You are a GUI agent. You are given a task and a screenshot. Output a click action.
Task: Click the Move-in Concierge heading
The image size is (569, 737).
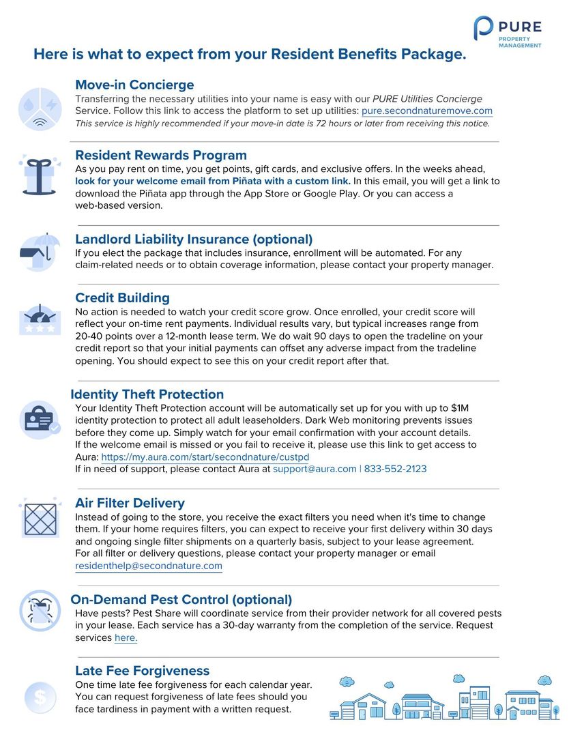click(x=134, y=85)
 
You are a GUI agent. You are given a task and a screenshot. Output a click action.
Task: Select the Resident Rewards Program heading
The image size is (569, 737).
click(x=160, y=155)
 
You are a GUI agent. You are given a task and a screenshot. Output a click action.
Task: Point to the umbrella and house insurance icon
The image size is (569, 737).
click(x=40, y=252)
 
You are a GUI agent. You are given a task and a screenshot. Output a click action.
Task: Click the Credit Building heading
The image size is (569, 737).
click(x=122, y=298)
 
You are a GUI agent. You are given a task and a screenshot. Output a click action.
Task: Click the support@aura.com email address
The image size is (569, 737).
click(x=314, y=469)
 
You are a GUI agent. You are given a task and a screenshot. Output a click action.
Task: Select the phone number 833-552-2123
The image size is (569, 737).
click(x=395, y=469)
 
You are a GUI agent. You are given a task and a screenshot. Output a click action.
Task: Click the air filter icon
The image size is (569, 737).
click(x=40, y=519)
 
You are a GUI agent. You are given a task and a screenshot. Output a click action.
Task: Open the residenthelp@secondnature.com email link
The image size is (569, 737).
click(x=149, y=566)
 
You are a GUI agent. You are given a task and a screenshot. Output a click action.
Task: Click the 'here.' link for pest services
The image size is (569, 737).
click(x=126, y=637)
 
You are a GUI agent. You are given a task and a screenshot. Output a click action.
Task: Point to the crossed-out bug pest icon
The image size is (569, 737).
click(x=40, y=609)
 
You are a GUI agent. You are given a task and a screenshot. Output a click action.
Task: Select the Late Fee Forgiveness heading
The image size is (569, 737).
click(x=142, y=670)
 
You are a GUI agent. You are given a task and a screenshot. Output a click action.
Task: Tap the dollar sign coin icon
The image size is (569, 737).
click(x=40, y=697)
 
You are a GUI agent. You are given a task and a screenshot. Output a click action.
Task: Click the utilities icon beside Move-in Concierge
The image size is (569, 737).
click(x=40, y=109)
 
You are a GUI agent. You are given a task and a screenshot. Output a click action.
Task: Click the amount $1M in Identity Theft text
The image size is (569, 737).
click(x=459, y=407)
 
